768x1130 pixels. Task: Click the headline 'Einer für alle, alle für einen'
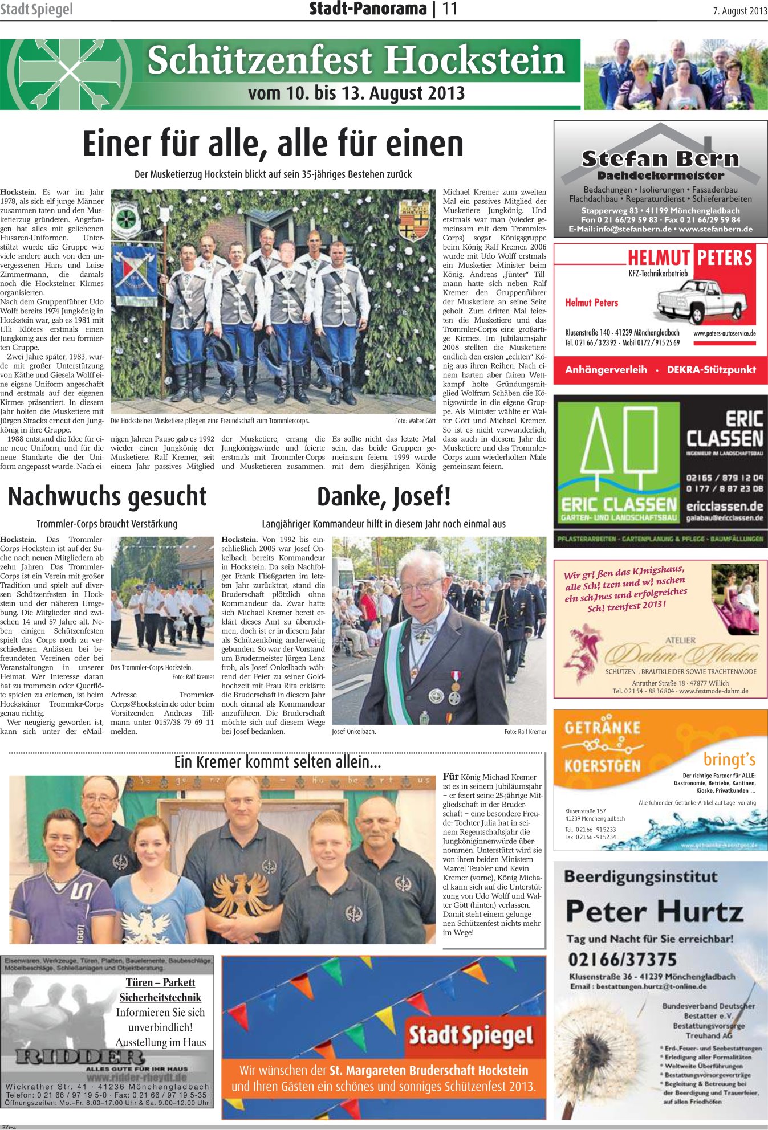pos(273,144)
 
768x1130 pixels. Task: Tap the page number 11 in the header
pos(450,9)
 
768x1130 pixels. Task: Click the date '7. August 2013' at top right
pos(739,11)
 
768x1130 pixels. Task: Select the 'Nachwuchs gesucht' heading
pos(107,496)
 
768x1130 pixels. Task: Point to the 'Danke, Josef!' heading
pos(384,496)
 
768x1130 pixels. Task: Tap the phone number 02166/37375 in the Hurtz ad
pos(622,960)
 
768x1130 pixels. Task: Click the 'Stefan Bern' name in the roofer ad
pos(660,158)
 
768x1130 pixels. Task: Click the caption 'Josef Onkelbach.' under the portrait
pos(354,732)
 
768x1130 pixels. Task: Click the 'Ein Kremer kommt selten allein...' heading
pos(278,762)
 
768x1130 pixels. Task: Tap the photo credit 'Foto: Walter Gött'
pos(415,421)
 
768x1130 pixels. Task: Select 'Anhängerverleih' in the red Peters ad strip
pos(606,370)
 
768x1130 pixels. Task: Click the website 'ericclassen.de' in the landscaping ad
pos(725,506)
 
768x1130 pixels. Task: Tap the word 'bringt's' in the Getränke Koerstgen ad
pos(729,760)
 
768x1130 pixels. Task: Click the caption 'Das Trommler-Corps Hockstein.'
pos(152,667)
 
